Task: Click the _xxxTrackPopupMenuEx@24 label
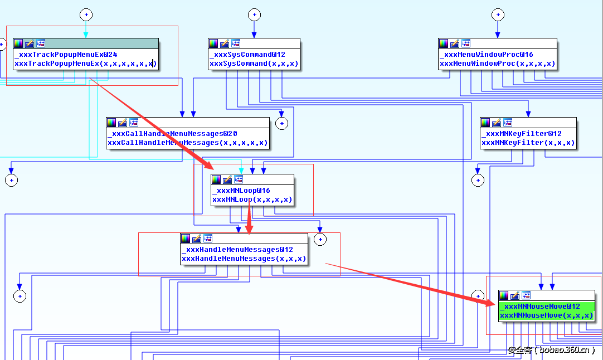point(66,55)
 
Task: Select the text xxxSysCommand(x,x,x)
point(254,64)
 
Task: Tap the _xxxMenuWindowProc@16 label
point(486,55)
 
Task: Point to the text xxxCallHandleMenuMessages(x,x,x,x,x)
point(187,143)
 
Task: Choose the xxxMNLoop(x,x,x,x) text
point(252,200)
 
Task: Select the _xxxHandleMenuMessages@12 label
point(237,250)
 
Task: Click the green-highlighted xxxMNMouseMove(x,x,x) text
point(546,315)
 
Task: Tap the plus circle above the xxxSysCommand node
point(254,14)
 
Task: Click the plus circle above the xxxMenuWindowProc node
point(498,14)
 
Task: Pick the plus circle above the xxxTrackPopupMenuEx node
point(85,14)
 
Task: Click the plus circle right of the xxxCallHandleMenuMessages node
point(282,123)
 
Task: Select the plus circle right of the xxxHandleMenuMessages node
point(320,240)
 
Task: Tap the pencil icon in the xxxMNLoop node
point(227,179)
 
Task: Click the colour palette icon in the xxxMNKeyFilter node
point(485,123)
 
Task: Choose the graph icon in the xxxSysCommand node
point(236,43)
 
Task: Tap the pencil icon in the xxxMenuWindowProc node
point(455,43)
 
